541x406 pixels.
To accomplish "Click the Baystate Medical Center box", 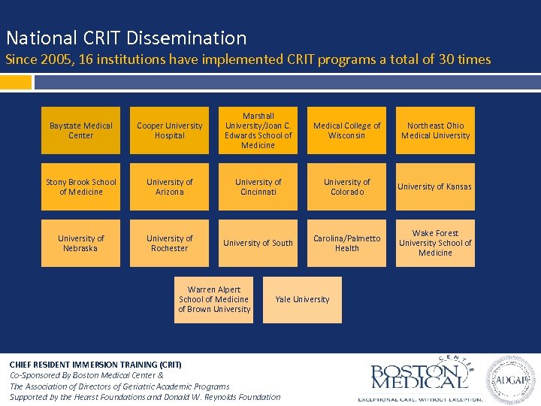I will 80,131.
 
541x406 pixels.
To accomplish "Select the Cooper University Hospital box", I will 169,131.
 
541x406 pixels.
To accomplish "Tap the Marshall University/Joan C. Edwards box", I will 258,131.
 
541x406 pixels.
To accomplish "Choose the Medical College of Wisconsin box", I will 346,131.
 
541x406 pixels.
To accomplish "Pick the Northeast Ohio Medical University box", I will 435,131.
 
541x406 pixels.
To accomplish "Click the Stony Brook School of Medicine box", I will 80,187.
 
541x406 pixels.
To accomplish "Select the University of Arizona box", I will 169,187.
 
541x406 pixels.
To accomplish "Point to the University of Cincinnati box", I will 258,187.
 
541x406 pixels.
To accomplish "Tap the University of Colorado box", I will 346,187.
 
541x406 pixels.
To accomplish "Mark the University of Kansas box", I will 435,187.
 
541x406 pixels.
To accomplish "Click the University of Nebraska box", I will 80,244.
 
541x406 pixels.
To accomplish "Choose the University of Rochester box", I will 169,244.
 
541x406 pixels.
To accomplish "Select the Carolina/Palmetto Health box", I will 346,244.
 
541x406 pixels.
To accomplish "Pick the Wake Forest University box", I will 435,244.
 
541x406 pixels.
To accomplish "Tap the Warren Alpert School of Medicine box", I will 213,300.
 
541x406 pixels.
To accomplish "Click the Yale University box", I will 302,300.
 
